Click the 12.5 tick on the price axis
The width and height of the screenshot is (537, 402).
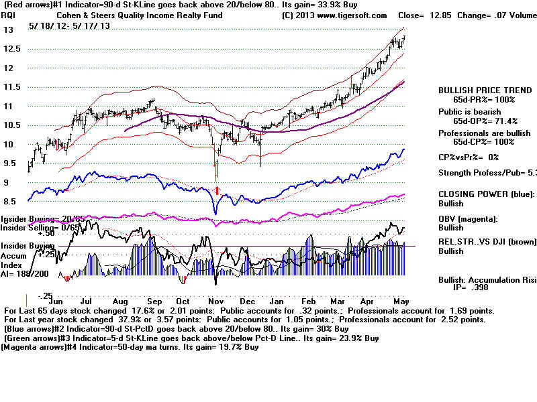click(12, 49)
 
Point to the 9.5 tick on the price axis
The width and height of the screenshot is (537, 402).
click(9, 163)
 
